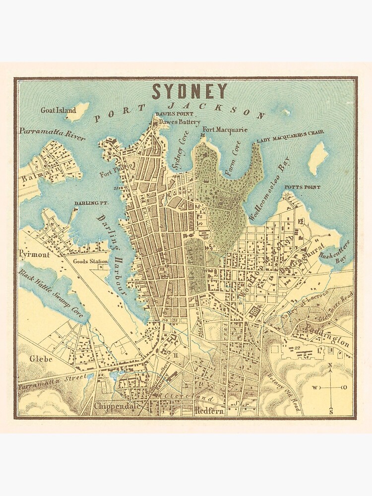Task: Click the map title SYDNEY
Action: pos(189,91)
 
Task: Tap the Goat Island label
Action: pos(58,111)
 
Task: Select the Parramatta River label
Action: pos(52,133)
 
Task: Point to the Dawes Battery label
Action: pos(180,122)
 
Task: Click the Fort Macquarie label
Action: pos(224,130)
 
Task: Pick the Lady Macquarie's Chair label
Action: pos(290,133)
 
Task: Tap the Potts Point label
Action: pos(302,187)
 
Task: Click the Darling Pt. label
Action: pos(88,203)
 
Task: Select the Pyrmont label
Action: pos(34,254)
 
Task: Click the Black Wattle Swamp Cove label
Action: pos(52,294)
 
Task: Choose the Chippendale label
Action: pos(114,405)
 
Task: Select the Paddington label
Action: pos(328,336)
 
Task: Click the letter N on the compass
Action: pos(330,366)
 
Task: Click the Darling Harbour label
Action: pos(113,254)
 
